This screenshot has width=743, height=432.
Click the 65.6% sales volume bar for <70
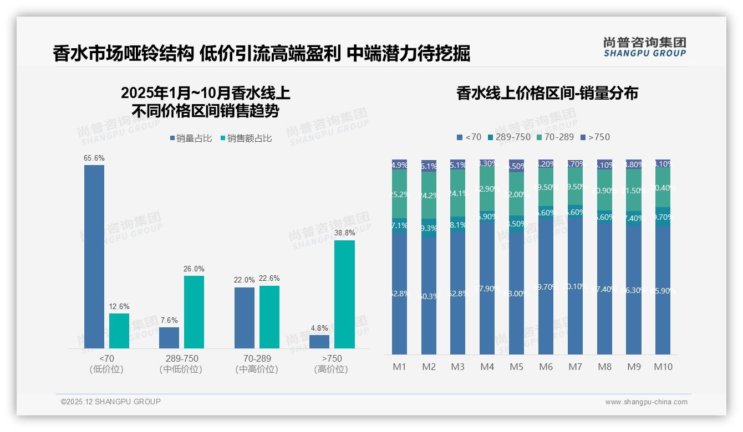(x=94, y=256)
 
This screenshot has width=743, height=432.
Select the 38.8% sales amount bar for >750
(x=344, y=294)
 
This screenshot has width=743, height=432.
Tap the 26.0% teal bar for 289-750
(x=194, y=312)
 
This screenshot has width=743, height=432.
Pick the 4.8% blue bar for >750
(x=319, y=342)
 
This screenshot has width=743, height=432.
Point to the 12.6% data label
(x=119, y=306)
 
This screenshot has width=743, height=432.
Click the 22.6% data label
(x=269, y=279)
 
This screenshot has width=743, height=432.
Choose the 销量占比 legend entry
(x=191, y=138)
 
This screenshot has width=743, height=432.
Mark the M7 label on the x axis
(x=575, y=367)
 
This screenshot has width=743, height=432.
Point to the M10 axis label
(x=663, y=367)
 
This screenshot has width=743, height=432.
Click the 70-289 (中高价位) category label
(x=257, y=364)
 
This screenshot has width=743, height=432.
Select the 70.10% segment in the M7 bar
(x=575, y=286)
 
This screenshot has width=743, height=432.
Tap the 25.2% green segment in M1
(x=400, y=194)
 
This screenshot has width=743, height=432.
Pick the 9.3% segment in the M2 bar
(x=429, y=228)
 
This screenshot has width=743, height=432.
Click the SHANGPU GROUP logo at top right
(x=644, y=47)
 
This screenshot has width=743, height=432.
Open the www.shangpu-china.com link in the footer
(x=646, y=402)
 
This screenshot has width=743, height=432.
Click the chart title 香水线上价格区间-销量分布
(x=547, y=93)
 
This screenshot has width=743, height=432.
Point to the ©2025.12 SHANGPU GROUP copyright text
(x=111, y=402)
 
